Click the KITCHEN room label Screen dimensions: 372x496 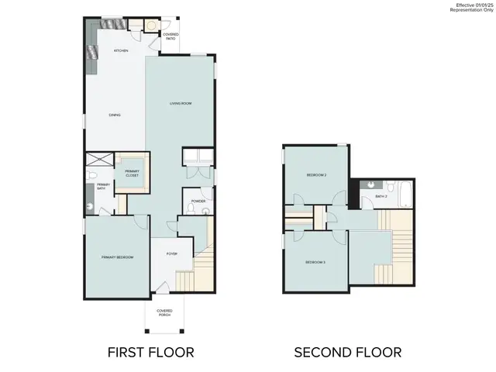pos(120,50)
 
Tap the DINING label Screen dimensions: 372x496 pos(114,115)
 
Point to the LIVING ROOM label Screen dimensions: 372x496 pos(181,103)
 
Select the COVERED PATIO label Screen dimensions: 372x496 pos(170,35)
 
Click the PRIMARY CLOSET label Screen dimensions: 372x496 pos(132,173)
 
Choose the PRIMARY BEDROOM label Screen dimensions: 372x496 pos(113,257)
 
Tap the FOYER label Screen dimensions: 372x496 pos(171,253)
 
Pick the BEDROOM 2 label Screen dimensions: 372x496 pos(315,175)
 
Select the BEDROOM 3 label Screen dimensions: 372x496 pos(315,262)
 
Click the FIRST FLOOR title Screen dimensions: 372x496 pos(150,353)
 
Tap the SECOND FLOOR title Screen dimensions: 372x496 pos(347,353)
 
